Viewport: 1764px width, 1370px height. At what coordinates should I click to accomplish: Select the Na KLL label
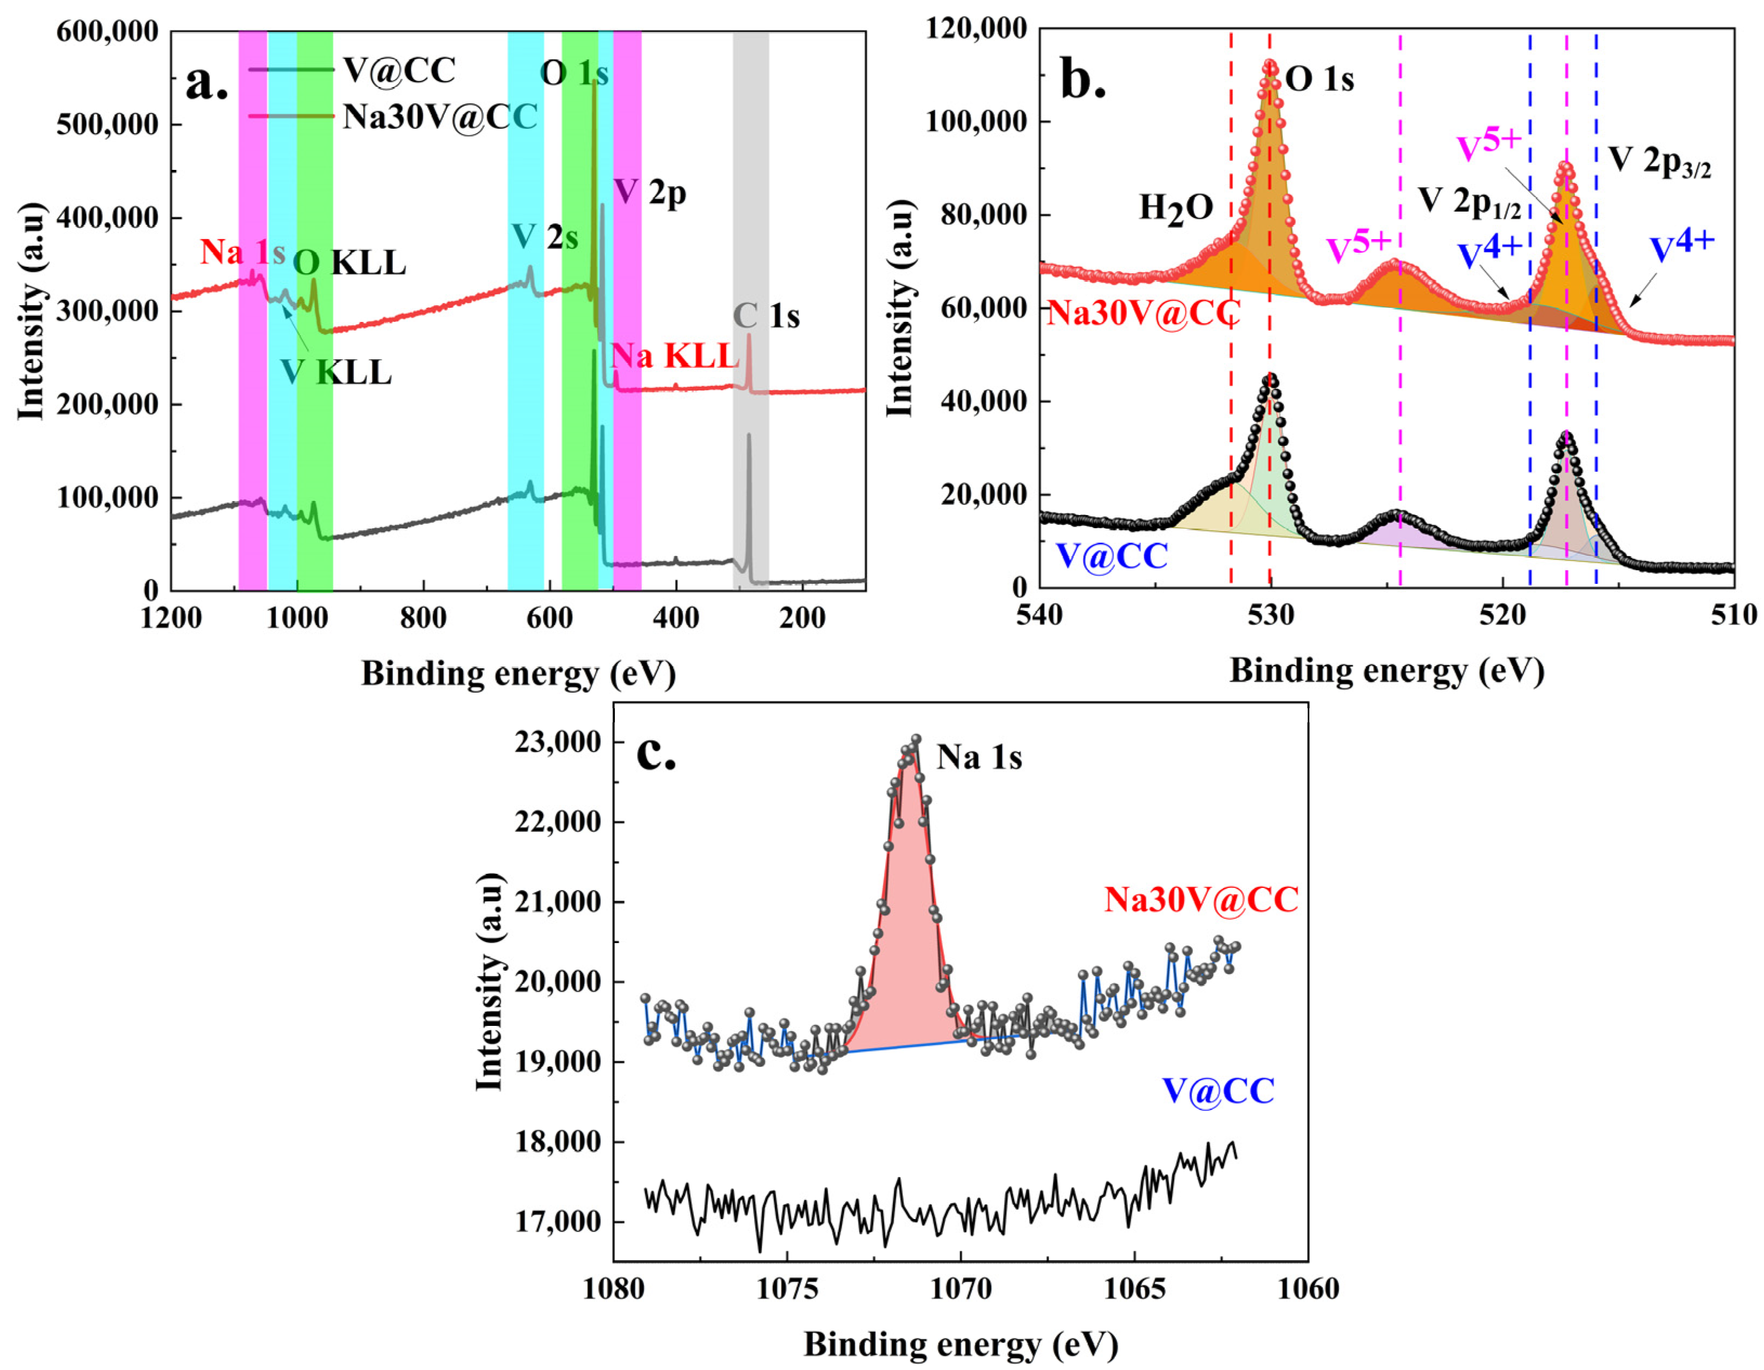coord(674,356)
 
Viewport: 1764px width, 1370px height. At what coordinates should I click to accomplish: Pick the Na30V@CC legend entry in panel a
coord(440,117)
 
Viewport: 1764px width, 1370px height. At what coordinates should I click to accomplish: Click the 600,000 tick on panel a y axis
coord(107,32)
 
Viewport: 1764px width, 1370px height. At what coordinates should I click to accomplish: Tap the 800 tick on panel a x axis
coord(423,618)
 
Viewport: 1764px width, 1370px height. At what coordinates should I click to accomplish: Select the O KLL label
coord(349,263)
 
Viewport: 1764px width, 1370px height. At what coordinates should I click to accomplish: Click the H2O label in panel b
coord(1176,209)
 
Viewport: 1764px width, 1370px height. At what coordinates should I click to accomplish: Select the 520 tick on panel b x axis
coord(1503,615)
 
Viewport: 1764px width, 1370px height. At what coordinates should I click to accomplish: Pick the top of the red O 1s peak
coord(1270,64)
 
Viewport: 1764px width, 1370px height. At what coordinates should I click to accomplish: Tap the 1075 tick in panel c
coord(786,1288)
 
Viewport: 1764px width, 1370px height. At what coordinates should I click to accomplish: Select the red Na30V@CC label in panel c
coord(1201,899)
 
